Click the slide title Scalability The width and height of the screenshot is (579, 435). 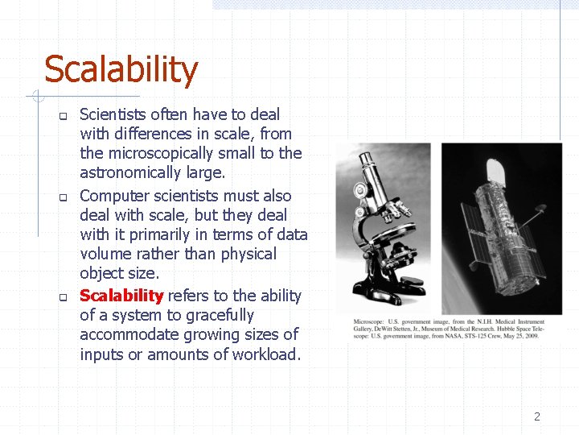(121, 70)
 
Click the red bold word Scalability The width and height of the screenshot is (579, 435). (121, 296)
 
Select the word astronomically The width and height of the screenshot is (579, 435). (130, 172)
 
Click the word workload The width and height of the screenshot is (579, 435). (264, 354)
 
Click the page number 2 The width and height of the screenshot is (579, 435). (537, 416)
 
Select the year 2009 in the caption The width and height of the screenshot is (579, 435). (530, 334)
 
